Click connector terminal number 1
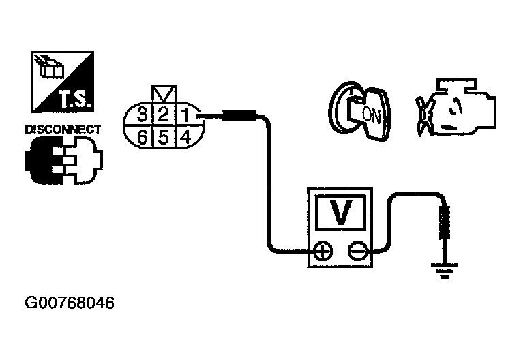click(183, 113)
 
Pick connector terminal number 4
click(183, 136)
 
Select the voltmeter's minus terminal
click(357, 253)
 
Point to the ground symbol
click(445, 271)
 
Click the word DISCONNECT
click(63, 129)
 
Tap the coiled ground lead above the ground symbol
click(445, 225)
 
